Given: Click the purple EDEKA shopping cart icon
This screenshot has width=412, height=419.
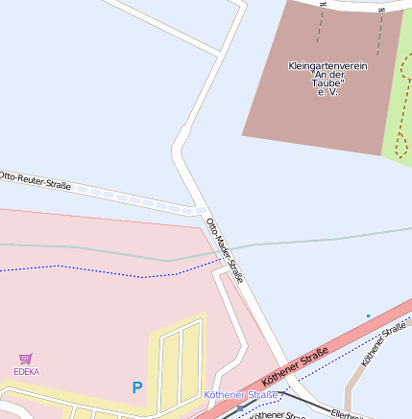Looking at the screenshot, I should tap(26, 359).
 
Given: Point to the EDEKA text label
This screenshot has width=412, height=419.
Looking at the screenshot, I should tap(26, 371).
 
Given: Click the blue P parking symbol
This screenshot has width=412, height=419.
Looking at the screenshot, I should tap(136, 387).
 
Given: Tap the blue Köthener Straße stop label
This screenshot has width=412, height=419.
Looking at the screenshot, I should tap(241, 395).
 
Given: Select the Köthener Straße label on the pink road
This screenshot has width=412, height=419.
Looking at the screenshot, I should tap(295, 367).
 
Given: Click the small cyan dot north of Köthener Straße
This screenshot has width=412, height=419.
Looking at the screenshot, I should tap(368, 315).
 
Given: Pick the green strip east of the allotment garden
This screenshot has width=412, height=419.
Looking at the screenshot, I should tap(397, 96).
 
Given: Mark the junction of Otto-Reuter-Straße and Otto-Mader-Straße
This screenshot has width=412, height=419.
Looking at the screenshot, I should tap(201, 210).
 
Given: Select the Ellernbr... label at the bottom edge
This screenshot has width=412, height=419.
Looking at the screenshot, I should tap(347, 414).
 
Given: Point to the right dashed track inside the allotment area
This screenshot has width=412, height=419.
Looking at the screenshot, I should tap(381, 29).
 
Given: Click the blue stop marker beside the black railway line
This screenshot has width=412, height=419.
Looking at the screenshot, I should tap(240, 407).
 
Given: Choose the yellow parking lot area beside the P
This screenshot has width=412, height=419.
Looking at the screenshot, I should tap(178, 360).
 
